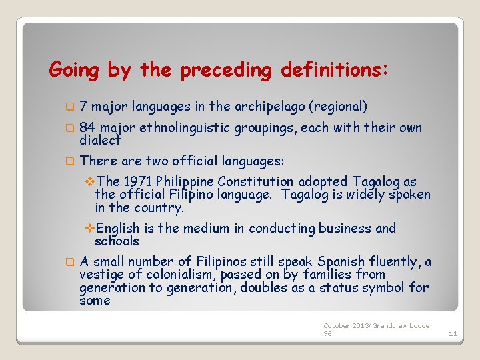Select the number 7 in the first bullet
(83, 106)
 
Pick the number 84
(87, 127)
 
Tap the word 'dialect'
(100, 140)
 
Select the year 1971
(137, 181)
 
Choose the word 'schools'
(117, 241)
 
